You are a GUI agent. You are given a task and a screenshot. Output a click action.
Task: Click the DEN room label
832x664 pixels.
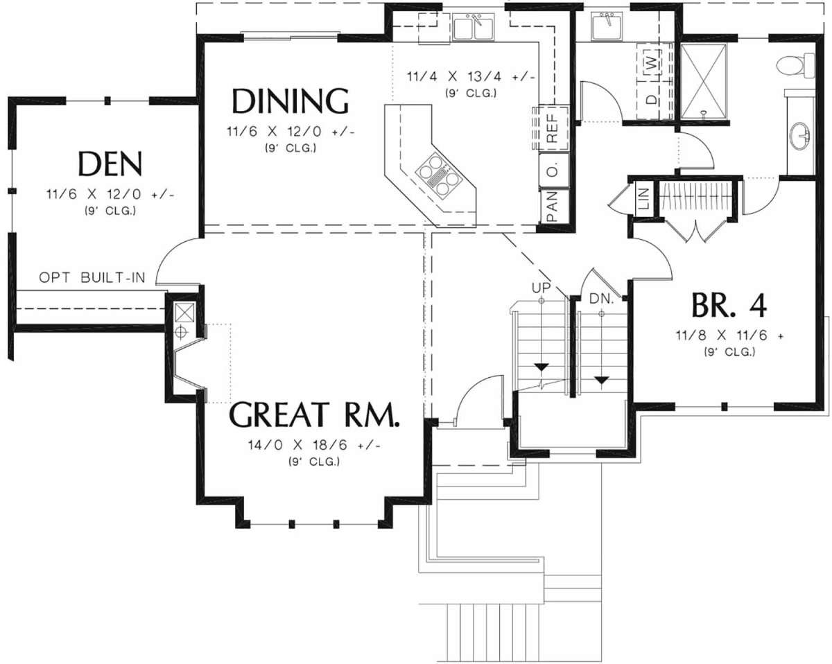[x=110, y=164]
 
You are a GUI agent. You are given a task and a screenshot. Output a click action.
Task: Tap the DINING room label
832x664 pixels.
[x=290, y=101]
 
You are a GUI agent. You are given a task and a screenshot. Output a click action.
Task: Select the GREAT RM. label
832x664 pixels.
[x=313, y=414]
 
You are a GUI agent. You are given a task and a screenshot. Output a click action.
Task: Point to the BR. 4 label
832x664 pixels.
[x=729, y=306]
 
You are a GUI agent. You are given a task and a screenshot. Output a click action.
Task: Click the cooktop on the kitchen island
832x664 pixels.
[x=440, y=176]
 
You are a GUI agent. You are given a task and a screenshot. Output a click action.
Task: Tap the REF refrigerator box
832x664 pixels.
[x=551, y=128]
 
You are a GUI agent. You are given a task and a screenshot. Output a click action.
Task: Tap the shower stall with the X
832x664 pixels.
[x=703, y=80]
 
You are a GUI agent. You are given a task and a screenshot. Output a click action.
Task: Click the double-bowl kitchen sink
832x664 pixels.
[x=474, y=26]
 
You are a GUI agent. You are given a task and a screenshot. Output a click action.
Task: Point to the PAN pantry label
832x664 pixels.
[x=553, y=207]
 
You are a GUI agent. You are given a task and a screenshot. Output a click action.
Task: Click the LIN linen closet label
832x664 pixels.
[x=643, y=199]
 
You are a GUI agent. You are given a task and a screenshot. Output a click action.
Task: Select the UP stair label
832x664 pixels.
[x=541, y=288]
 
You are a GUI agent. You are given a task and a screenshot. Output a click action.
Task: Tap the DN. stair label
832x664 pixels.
[x=601, y=298]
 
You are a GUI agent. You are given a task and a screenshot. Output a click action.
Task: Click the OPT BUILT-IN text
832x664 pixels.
[x=92, y=277]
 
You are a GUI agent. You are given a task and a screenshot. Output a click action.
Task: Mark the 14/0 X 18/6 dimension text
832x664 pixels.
[x=313, y=445]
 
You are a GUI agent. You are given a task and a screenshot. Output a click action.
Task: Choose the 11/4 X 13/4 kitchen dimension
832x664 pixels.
[x=471, y=76]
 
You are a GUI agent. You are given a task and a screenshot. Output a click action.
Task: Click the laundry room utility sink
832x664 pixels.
[x=606, y=26]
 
